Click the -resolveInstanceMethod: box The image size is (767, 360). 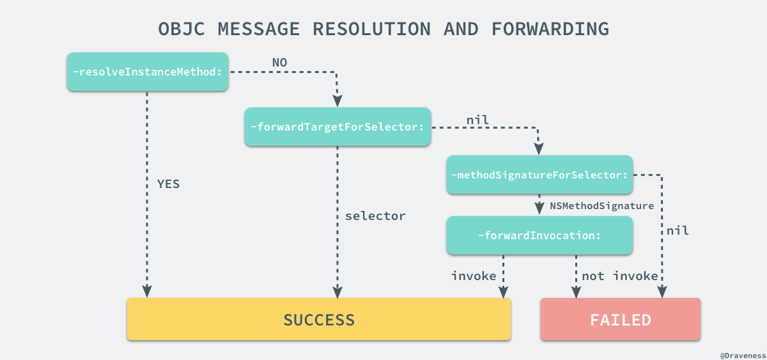(x=148, y=72)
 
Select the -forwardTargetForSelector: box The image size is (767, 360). (x=337, y=127)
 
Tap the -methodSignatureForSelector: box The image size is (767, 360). (x=539, y=175)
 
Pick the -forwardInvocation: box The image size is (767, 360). (x=539, y=235)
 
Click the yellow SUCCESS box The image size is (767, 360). (x=319, y=319)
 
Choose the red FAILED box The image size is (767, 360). (x=620, y=319)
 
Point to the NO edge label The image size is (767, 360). (x=280, y=62)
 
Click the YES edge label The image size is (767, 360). (x=169, y=184)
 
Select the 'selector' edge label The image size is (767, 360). (x=375, y=216)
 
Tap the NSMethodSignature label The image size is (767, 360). (x=601, y=206)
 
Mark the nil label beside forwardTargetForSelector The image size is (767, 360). (x=477, y=119)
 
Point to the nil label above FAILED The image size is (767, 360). (x=678, y=230)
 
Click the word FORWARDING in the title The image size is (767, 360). (x=550, y=29)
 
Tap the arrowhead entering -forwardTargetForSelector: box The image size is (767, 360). (x=337, y=102)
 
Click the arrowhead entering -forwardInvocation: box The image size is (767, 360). (x=539, y=210)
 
